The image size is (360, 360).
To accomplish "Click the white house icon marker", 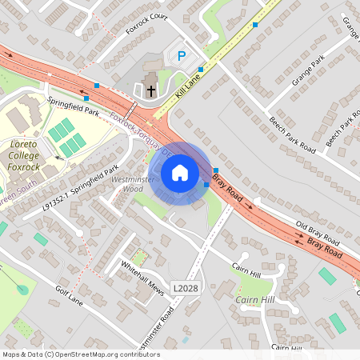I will pos(180,173).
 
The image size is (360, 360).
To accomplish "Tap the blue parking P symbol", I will pos(181,56).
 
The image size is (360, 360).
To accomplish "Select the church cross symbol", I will pos(150,90).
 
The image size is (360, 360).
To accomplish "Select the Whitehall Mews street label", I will pos(142,278).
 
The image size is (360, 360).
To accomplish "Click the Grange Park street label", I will pos(308,70).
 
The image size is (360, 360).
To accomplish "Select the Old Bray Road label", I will pos(318,233).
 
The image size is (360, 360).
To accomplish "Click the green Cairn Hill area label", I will pos(256,299).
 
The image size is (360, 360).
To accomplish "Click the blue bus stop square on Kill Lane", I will pos(201,70).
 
